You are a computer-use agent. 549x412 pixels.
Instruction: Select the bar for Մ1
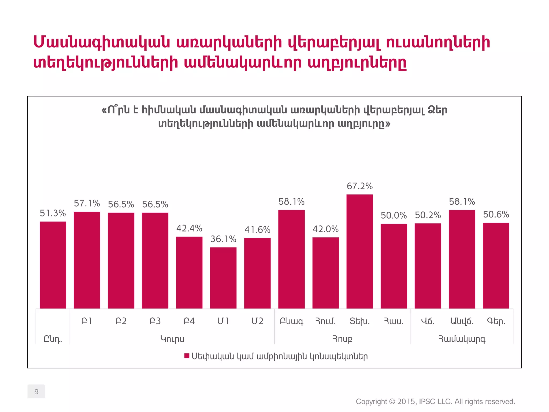click(x=223, y=278)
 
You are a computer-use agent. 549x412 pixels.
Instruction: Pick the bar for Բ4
click(x=189, y=273)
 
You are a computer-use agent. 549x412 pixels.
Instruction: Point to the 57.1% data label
click(x=87, y=204)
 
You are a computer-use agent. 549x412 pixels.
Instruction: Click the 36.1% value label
click(x=223, y=239)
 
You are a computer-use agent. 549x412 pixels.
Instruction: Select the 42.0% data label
click(x=325, y=229)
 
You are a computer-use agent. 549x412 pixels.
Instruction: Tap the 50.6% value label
click(x=496, y=214)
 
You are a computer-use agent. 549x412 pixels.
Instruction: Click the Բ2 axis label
click(x=121, y=321)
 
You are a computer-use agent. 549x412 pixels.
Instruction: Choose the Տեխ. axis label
click(x=359, y=321)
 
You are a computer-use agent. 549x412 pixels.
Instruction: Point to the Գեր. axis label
click(x=496, y=321)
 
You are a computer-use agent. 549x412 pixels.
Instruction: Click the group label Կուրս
click(x=172, y=339)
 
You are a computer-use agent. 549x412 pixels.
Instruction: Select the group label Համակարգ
click(x=462, y=339)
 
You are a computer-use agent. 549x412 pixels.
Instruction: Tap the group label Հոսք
click(x=342, y=339)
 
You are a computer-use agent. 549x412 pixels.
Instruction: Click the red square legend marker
click(x=187, y=356)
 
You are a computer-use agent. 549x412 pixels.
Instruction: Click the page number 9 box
click(x=36, y=392)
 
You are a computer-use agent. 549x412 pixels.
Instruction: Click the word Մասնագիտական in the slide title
click(x=102, y=43)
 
